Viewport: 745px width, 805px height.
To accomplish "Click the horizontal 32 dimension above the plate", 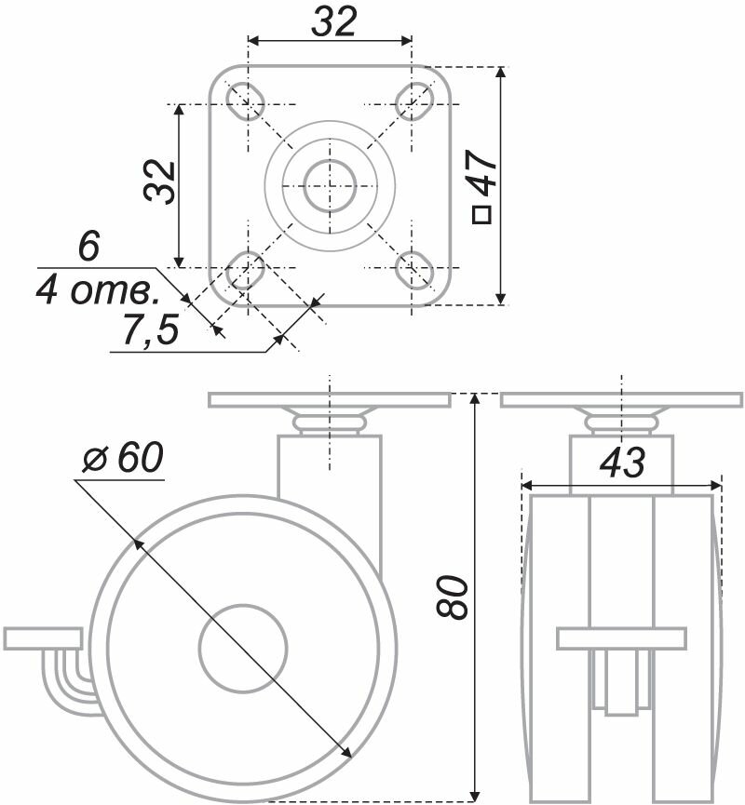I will pyautogui.click(x=333, y=22).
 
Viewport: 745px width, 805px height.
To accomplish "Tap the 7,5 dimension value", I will pyautogui.click(x=149, y=331).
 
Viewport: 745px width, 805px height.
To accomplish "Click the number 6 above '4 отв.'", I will pyautogui.click(x=88, y=248).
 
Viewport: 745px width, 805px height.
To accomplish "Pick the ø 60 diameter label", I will pyautogui.click(x=121, y=458).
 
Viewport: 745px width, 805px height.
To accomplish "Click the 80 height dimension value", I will pyautogui.click(x=454, y=597).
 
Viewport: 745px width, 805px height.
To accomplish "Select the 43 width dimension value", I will pyautogui.click(x=622, y=463).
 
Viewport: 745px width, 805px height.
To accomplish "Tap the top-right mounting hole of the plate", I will pyautogui.click(x=413, y=101).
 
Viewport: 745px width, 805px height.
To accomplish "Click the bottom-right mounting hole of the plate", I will pyautogui.click(x=413, y=270).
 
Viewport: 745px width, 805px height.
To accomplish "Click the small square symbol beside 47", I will pyautogui.click(x=481, y=216).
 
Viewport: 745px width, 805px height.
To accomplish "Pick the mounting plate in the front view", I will pyautogui.click(x=621, y=400).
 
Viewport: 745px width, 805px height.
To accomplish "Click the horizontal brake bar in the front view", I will pyautogui.click(x=621, y=639).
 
